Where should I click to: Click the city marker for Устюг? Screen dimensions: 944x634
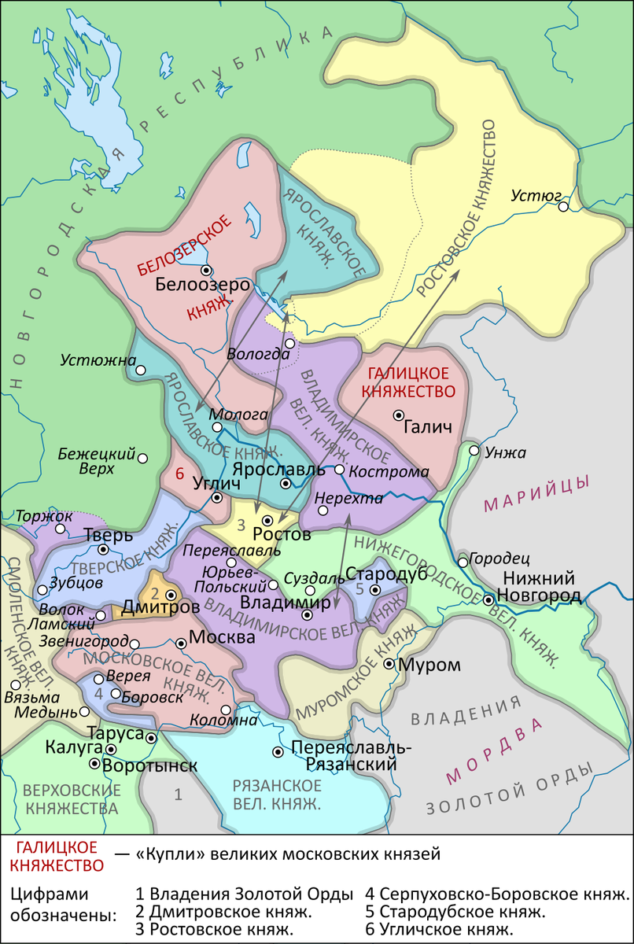pyautogui.click(x=563, y=207)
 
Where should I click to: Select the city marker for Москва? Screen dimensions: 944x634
pyautogui.click(x=182, y=643)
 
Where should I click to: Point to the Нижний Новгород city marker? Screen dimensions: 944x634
pyautogui.click(x=488, y=599)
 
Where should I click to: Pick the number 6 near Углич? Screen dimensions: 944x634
pyautogui.click(x=179, y=474)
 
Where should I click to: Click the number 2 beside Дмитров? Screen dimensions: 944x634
pyautogui.click(x=156, y=594)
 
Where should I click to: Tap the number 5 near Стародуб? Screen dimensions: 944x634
pyautogui.click(x=359, y=588)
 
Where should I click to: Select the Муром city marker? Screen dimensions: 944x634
pyautogui.click(x=389, y=664)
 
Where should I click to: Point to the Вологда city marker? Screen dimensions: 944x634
pyautogui.click(x=289, y=343)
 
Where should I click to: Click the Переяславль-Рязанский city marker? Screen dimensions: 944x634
pyautogui.click(x=278, y=752)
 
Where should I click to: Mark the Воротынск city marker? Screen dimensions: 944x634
pyautogui.click(x=95, y=764)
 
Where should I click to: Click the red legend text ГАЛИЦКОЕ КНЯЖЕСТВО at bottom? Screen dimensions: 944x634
pyautogui.click(x=56, y=856)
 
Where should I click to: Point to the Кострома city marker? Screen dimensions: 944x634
pyautogui.click(x=339, y=469)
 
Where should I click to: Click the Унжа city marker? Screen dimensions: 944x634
pyautogui.click(x=474, y=451)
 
